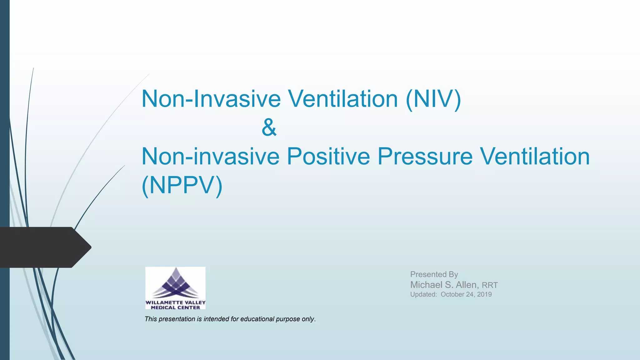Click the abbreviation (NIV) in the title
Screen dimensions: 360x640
tap(433, 99)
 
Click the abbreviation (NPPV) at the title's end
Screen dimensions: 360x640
tap(182, 185)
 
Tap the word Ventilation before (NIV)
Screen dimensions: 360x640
tap(342, 99)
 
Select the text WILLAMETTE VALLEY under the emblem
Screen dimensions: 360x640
tap(175, 302)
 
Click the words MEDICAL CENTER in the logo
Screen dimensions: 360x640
tap(175, 307)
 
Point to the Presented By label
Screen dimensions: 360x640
tap(434, 274)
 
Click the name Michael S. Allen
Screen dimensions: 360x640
tap(444, 285)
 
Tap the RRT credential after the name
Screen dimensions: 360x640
tap(490, 285)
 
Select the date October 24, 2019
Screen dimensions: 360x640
tap(466, 294)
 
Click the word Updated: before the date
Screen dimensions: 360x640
tap(423, 294)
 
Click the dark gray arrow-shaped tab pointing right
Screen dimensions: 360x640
tap(44, 247)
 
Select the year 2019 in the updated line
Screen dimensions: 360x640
tap(484, 294)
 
